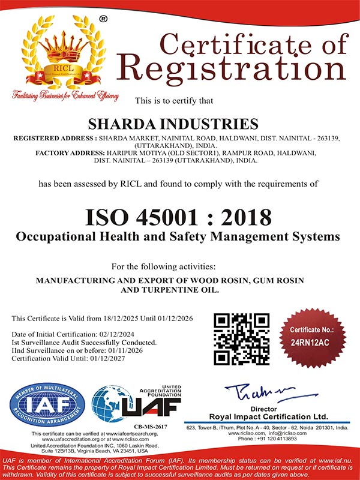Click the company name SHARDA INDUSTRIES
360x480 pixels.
pyautogui.click(x=173, y=124)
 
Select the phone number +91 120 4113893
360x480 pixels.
pyautogui.click(x=280, y=438)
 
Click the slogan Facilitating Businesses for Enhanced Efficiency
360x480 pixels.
pyautogui.click(x=65, y=96)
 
